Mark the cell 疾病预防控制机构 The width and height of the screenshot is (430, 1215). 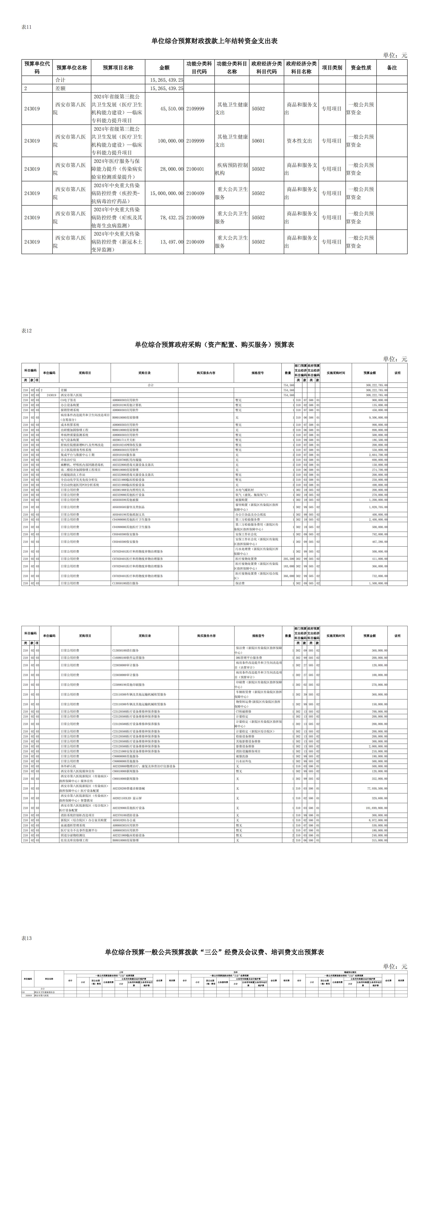pos(232,169)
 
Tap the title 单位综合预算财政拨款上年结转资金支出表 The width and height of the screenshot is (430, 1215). pos(214,41)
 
